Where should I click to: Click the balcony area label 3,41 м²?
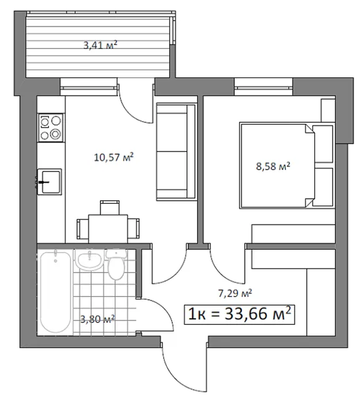(x=100, y=46)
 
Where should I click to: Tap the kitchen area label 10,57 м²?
(x=114, y=157)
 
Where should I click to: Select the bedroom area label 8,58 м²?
(x=273, y=166)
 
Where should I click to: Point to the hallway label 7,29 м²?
(x=235, y=293)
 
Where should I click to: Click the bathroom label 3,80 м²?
(x=97, y=319)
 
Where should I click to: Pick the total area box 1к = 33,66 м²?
(x=240, y=314)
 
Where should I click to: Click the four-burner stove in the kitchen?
(x=51, y=128)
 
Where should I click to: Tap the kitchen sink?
(x=50, y=181)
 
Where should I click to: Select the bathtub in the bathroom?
(x=56, y=292)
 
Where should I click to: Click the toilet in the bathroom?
(x=116, y=264)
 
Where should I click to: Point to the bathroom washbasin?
(x=90, y=260)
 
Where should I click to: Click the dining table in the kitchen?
(x=108, y=229)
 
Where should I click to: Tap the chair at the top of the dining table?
(x=110, y=208)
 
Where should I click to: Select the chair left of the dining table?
(x=83, y=229)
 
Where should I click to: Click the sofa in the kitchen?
(x=176, y=151)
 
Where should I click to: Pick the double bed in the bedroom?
(x=286, y=166)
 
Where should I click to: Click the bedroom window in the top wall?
(x=263, y=87)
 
